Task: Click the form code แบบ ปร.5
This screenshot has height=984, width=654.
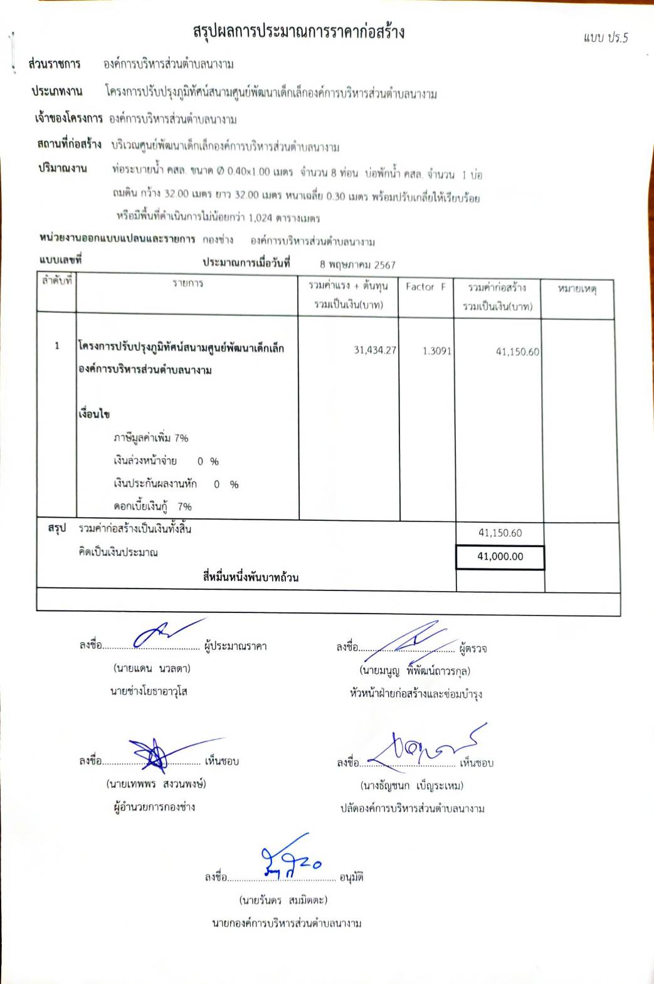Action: tap(605, 38)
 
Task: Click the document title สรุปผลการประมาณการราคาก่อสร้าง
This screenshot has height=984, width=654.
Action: tap(298, 32)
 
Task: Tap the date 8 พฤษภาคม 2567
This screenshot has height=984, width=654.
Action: tap(357, 264)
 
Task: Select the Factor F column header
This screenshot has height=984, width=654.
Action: tap(426, 287)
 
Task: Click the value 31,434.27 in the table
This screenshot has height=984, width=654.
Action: tap(375, 350)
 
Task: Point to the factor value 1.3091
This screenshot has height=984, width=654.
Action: tap(436, 351)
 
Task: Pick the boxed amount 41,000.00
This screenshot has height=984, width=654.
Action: tap(500, 557)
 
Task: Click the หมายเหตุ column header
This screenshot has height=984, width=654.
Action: tap(577, 289)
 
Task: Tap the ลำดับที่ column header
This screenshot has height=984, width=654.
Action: tap(57, 281)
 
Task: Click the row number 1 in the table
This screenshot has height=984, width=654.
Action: tap(57, 346)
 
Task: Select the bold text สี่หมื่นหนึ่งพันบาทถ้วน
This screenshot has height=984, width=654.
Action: tap(250, 577)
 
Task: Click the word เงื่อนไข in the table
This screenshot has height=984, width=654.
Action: tap(95, 414)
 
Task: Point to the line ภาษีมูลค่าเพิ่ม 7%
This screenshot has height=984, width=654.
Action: tap(151, 437)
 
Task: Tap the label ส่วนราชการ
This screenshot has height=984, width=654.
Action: tap(55, 65)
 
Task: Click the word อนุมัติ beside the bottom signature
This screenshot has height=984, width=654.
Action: tap(352, 877)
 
